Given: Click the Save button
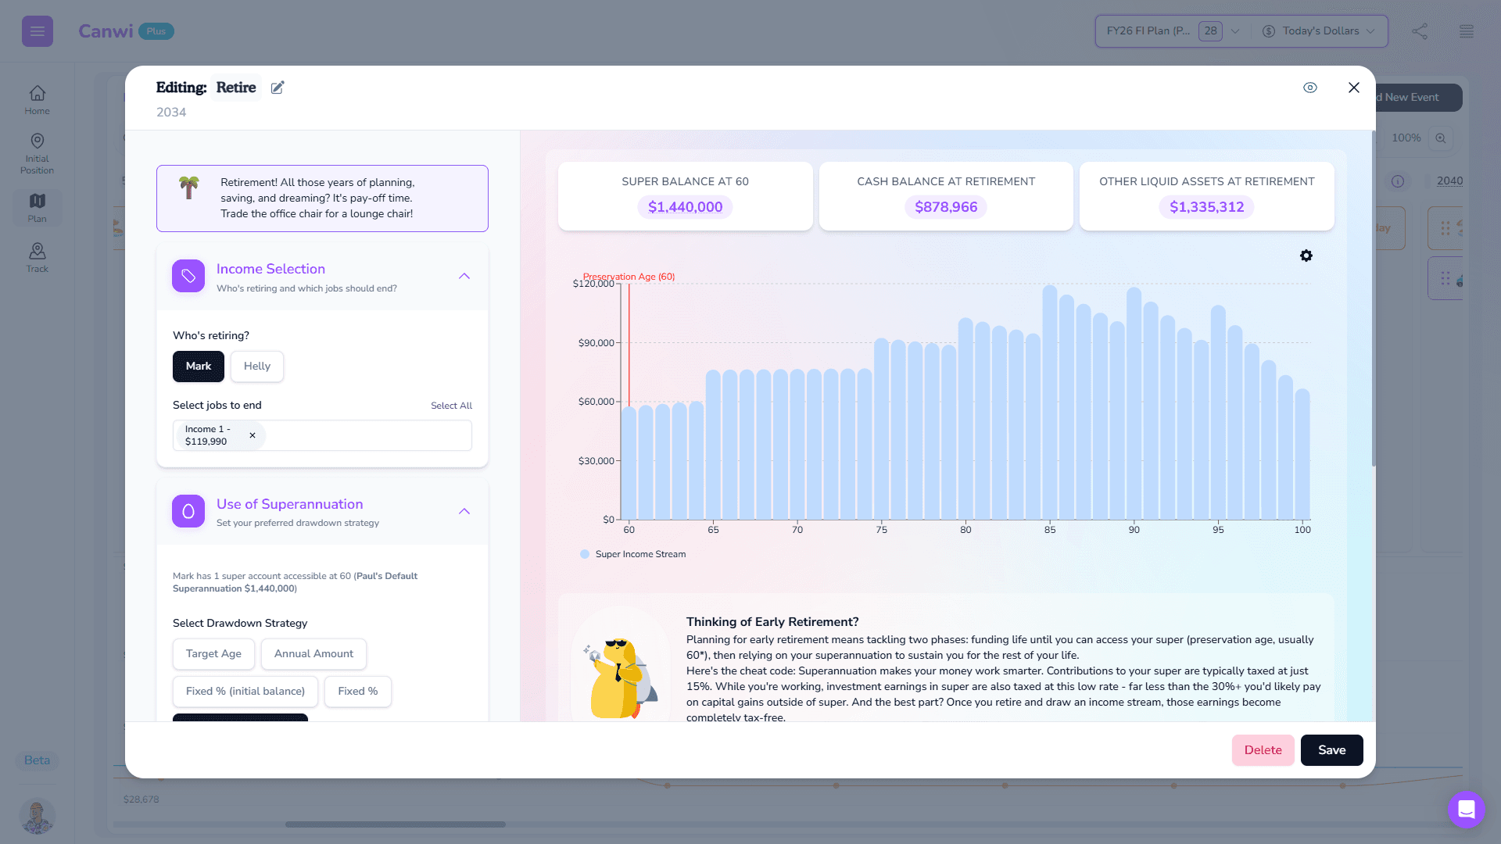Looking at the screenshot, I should pos(1331,750).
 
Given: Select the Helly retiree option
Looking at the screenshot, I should pos(256,367).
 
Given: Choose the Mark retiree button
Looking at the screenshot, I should pos(199,367).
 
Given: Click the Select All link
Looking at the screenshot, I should pos(451,406).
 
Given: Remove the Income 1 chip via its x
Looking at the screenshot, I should pos(253,435).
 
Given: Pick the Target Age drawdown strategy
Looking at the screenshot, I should pos(213,654).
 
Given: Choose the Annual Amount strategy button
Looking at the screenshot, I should pos(313,654).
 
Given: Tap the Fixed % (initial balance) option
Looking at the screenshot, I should pos(245,692).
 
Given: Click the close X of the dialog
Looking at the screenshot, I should pos(1354,88).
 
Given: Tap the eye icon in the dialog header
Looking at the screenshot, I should pos(1310,88).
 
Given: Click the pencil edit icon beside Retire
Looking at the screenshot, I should pos(278,88).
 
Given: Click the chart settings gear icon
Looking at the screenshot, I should pos(1306,256).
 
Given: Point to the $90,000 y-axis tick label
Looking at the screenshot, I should pos(596,343).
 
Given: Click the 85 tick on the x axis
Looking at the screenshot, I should pos(1050,530).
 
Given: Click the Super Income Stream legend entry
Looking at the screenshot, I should pos(639,554).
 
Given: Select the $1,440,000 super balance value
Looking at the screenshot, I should pos(685,207).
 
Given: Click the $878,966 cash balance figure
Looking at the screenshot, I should pos(946,207).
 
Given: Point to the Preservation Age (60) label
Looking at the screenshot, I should pos(629,277).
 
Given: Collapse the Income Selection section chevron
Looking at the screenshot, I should pos(464,277).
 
